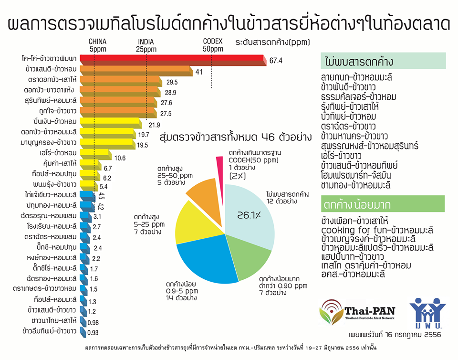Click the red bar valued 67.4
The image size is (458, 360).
click(172, 60)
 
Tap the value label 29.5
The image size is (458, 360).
click(172, 82)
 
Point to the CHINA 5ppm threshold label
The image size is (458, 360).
click(97, 45)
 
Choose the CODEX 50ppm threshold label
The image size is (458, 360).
click(213, 45)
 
